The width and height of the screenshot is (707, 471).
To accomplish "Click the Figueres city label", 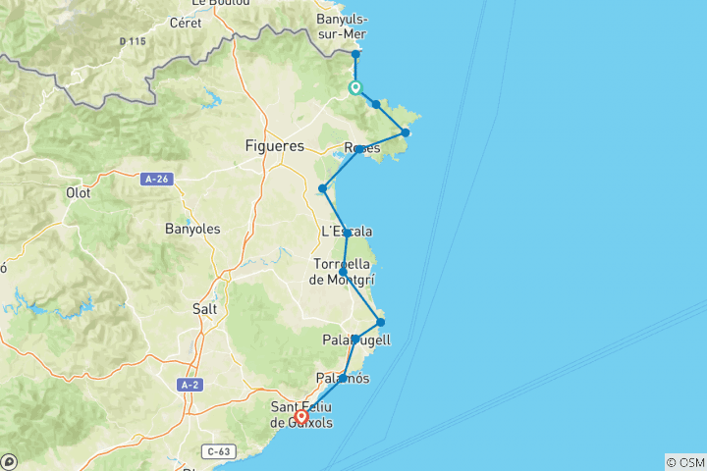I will point(274,146).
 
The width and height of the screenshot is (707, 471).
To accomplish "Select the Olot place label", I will point(78,192).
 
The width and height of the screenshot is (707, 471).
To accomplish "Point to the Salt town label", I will point(205,308).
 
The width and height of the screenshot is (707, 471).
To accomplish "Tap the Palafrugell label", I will point(356,340).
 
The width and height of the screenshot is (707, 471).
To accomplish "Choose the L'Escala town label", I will point(347,232).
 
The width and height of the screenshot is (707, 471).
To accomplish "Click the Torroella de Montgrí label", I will point(342,271).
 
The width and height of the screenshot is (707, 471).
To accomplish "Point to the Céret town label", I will point(185,23).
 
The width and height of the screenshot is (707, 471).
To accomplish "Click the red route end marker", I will point(302,416).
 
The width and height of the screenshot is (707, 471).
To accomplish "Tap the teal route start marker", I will point(355,87).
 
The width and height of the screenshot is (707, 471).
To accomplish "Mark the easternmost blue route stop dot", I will point(405,132).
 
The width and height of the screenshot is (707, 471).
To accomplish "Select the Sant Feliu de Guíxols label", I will point(301,415).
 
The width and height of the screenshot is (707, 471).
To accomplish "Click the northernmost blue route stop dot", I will point(355,54).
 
